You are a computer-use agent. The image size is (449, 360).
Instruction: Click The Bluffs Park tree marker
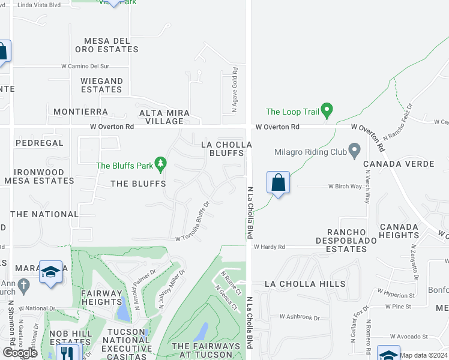tap(160, 163)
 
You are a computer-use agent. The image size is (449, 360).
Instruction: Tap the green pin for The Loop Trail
tap(327, 110)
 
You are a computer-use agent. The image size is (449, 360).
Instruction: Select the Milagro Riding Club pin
tap(354, 151)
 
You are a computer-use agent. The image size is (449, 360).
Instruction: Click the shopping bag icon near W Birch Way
tap(278, 182)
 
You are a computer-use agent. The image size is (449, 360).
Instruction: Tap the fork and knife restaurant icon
tap(68, 354)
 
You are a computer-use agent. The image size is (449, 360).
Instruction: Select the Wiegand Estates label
tap(102, 85)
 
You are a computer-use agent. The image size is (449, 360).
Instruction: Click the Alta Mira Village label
tap(164, 116)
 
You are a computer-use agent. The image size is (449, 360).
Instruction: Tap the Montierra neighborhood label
tap(80, 112)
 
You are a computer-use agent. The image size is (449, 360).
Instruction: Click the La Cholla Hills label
tap(306, 284)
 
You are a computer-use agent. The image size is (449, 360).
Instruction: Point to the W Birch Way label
tap(345, 187)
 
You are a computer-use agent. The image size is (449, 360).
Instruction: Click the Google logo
tap(20, 353)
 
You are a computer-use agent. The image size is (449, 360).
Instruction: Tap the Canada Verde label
tap(406, 164)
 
